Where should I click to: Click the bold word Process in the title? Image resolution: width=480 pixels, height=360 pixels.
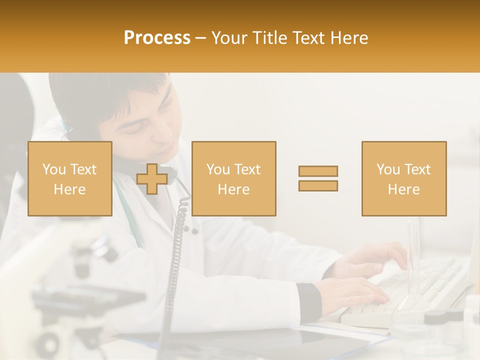[157, 37]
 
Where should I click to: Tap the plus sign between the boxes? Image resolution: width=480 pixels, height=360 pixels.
[152, 179]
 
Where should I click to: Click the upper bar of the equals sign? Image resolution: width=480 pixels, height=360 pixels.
[318, 171]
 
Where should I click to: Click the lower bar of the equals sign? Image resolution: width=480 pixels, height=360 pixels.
[318, 185]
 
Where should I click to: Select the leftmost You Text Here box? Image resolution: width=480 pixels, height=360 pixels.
[70, 178]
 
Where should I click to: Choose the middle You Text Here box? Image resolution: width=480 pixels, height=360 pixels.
[233, 178]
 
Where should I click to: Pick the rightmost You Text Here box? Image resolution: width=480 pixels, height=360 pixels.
[403, 178]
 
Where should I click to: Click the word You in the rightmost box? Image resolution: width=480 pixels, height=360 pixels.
[387, 169]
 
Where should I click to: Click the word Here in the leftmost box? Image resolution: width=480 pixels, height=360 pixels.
[69, 189]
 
